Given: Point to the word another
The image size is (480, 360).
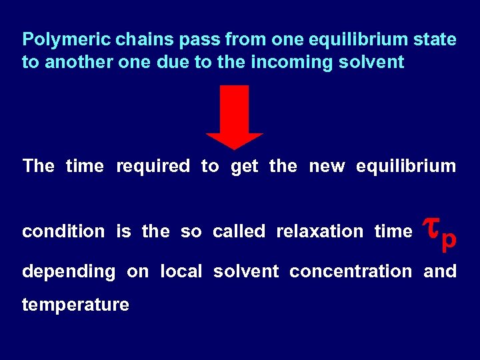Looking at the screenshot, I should pos(73,63).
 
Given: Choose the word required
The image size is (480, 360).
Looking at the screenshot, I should pos(153,166).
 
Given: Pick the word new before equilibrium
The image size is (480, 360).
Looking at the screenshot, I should pos(327,166).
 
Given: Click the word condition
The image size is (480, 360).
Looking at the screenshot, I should pos(63,231).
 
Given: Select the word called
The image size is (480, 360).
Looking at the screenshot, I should pos(239,231).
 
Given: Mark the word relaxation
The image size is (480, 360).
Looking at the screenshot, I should pos(319,231).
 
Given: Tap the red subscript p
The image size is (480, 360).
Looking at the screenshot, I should pos(449,239).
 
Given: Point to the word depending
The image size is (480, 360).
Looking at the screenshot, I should pos(68,272).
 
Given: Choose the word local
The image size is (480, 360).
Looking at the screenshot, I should pos(181,271).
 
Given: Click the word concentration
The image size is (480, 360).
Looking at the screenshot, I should pos(351,272).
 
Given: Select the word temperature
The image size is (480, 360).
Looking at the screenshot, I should pos(75,305).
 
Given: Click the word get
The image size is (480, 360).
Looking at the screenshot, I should pos(244,167).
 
